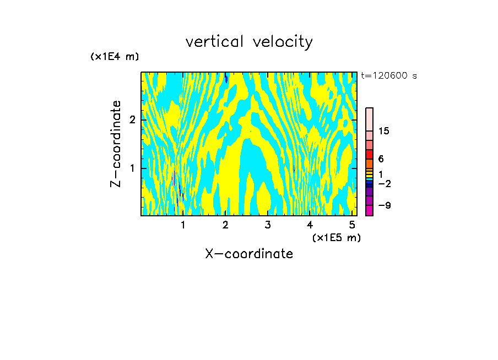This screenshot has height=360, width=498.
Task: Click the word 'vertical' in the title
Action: (216, 42)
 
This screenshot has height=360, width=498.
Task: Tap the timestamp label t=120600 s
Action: (389, 76)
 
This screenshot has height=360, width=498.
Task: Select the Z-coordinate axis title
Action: (116, 144)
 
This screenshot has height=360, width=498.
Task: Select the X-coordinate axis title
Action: (249, 254)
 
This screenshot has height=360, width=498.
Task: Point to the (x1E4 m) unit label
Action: (115, 56)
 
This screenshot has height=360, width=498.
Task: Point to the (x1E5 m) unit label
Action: (336, 237)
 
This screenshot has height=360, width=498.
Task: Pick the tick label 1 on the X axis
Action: (183, 225)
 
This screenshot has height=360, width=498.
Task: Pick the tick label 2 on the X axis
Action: (225, 225)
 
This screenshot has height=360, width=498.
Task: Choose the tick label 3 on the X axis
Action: (268, 225)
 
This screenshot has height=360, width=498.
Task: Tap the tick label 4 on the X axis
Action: (310, 225)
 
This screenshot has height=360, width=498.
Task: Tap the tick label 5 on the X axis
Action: (352, 225)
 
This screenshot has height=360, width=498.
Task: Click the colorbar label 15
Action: (385, 131)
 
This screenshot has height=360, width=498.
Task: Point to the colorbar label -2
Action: (385, 183)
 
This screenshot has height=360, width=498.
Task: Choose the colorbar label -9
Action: (385, 205)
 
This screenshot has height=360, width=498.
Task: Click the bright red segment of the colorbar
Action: (370, 154)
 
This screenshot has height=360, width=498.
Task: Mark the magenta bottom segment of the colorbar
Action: (370, 210)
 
